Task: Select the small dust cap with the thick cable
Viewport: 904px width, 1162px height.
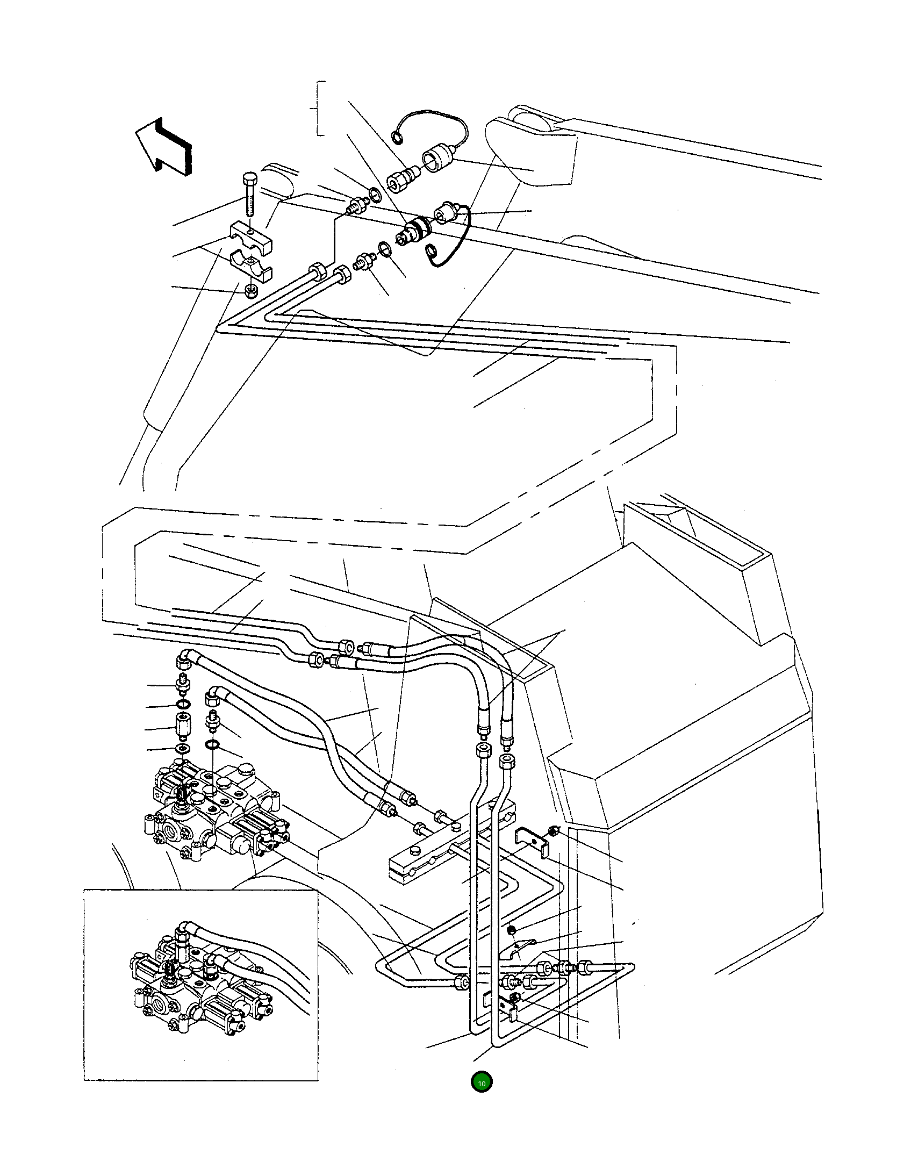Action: click(x=447, y=213)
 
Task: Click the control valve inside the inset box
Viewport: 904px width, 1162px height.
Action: click(x=199, y=988)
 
